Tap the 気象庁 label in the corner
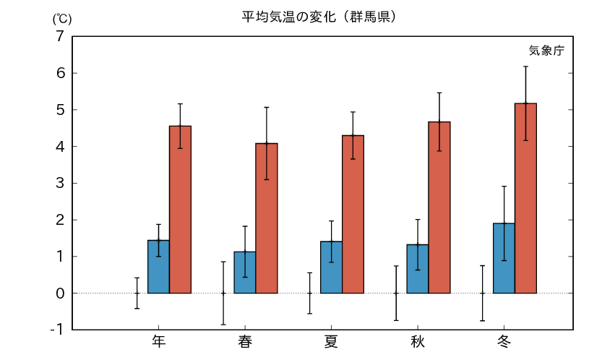point(546,51)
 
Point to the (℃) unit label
point(61,19)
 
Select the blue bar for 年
point(158,267)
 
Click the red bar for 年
point(180,210)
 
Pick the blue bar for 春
point(244,273)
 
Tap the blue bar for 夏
point(331,267)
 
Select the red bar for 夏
point(353,214)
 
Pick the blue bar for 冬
point(504,258)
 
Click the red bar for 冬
point(525,198)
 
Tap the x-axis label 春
point(245,341)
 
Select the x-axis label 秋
point(418,341)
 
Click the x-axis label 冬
point(504,341)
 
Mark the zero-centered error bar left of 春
point(223,293)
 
